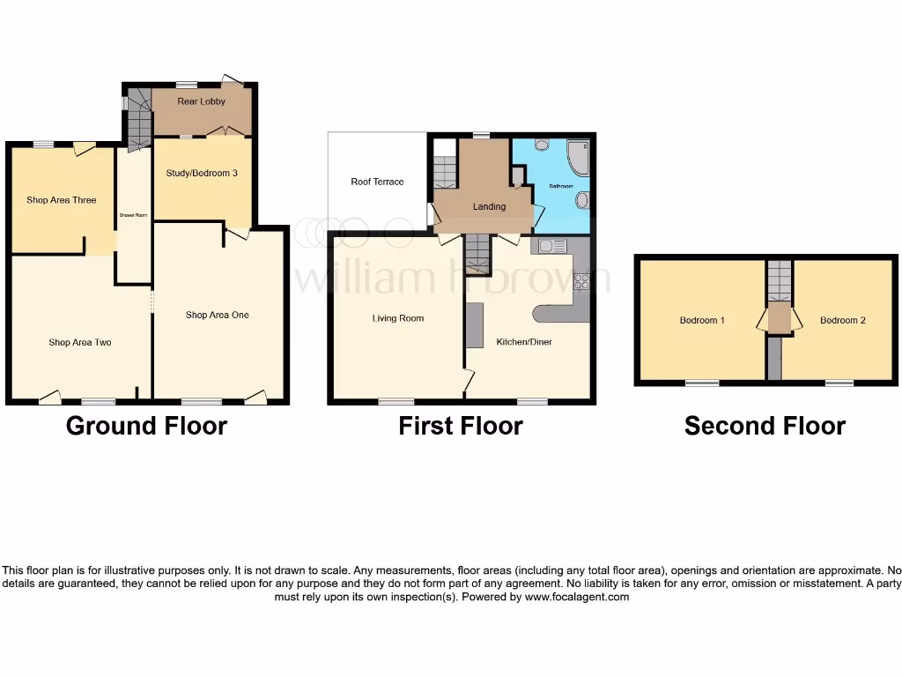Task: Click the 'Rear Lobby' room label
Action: tap(202, 101)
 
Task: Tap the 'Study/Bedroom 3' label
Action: tap(202, 174)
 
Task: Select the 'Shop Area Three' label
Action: tap(62, 200)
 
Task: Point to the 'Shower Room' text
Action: tap(134, 215)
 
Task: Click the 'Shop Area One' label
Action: tap(217, 315)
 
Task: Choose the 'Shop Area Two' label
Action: tap(80, 342)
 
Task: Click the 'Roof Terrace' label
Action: tap(377, 182)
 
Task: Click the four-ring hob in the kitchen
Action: tap(581, 281)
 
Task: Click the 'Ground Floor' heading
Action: tap(146, 427)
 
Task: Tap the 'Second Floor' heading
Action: tap(765, 427)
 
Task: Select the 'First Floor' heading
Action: tap(461, 427)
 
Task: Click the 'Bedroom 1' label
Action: tap(702, 320)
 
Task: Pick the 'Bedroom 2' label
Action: tap(842, 320)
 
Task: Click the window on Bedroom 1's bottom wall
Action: tap(702, 383)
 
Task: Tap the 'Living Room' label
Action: tap(398, 318)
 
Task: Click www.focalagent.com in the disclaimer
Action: tap(577, 597)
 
